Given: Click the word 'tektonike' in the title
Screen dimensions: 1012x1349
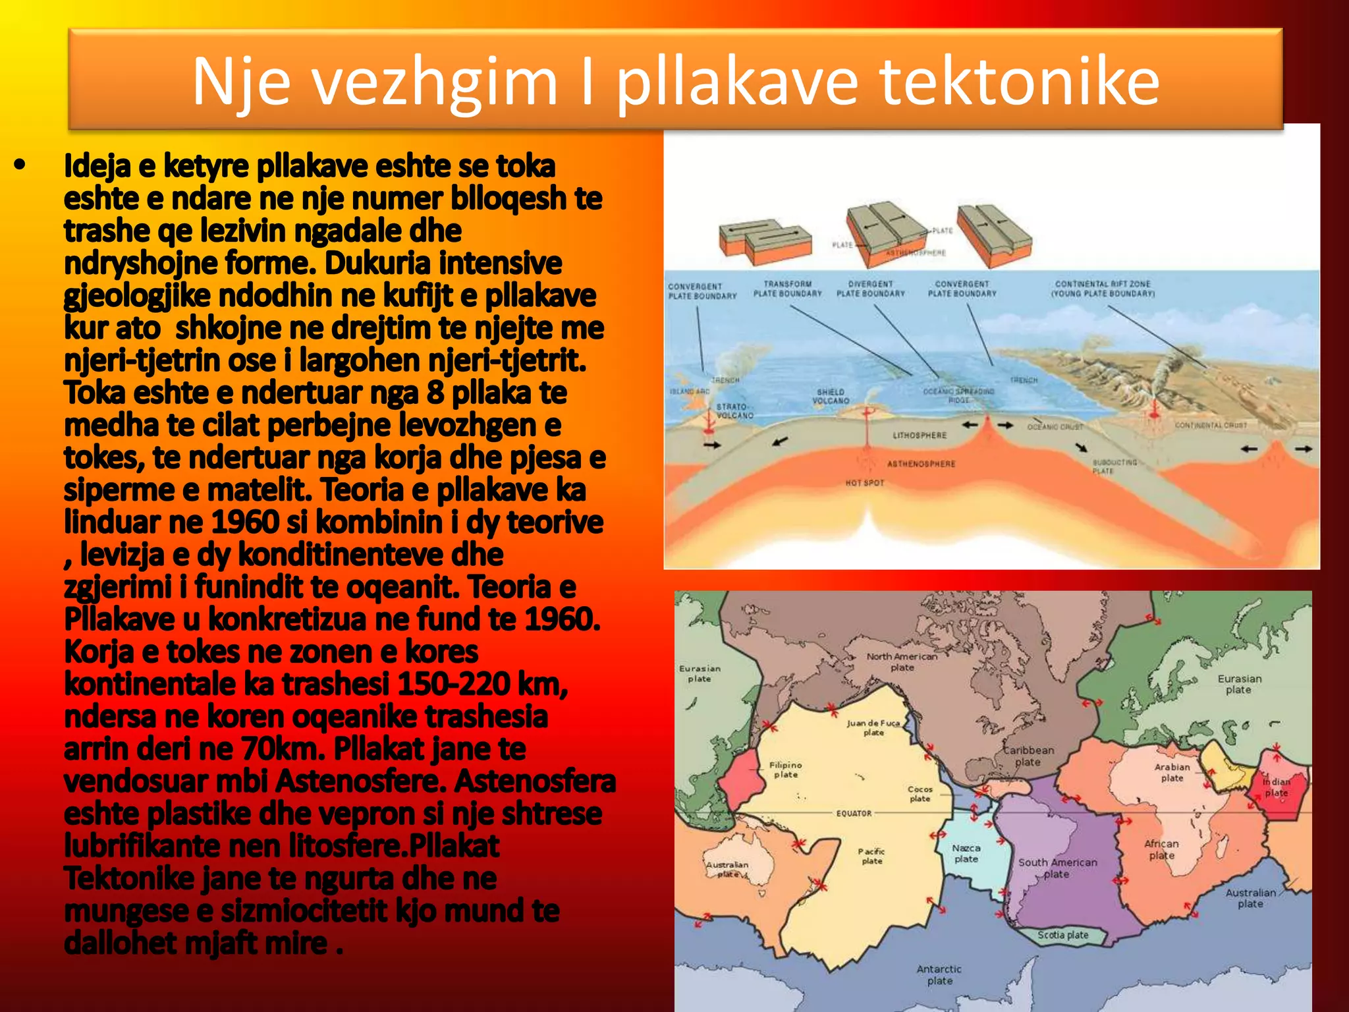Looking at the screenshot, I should [1019, 81].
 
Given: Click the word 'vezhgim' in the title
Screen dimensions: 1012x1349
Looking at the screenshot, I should [435, 82].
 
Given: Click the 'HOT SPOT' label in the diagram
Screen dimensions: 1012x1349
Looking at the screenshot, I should [865, 483].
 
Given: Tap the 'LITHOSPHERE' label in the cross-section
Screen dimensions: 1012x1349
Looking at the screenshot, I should [920, 436].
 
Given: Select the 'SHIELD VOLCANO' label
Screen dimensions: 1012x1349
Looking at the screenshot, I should [831, 396].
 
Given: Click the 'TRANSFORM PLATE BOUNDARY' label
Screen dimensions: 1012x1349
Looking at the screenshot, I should [788, 289].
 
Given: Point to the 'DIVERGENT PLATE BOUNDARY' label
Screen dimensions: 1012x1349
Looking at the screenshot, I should [871, 289].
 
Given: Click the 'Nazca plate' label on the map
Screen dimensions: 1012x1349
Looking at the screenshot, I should [966, 853].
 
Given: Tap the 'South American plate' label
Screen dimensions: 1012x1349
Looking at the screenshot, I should [1058, 868].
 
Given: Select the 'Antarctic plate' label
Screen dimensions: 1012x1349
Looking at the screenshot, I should [939, 974].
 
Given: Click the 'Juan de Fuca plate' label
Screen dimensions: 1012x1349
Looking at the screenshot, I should [873, 727].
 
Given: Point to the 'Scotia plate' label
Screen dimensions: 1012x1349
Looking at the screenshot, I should [1063, 935].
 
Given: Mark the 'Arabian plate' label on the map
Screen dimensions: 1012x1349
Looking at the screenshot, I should [1172, 772].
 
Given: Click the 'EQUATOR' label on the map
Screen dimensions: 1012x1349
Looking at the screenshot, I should [854, 813].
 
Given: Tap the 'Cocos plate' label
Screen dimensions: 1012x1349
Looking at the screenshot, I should [920, 793].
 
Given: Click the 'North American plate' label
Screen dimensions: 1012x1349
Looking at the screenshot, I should [902, 661].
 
